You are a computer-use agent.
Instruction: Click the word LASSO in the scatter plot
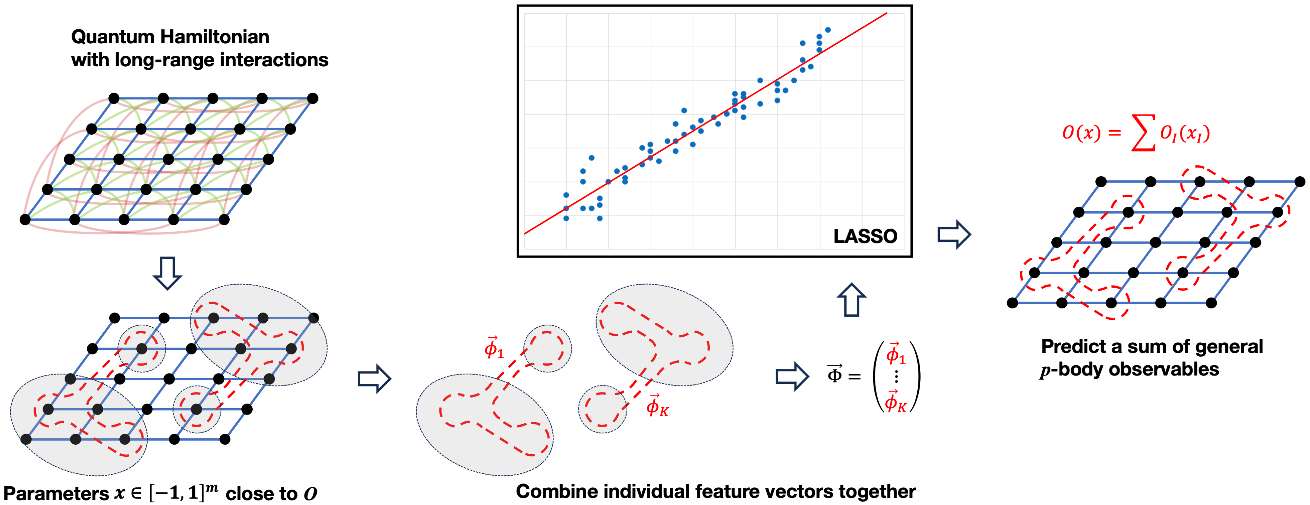pyautogui.click(x=865, y=236)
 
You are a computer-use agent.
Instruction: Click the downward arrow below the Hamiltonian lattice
pyautogui.click(x=167, y=273)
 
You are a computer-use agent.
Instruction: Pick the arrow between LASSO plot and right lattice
pyautogui.click(x=954, y=235)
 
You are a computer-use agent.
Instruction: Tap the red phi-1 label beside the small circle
pyautogui.click(x=493, y=348)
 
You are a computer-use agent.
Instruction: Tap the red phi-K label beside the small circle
pyautogui.click(x=657, y=406)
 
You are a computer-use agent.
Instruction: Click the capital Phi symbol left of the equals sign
pyautogui.click(x=834, y=374)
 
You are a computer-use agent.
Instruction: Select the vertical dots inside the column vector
pyautogui.click(x=896, y=376)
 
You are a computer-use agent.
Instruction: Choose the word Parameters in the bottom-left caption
pyautogui.click(x=56, y=493)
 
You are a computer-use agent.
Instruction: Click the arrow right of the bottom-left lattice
pyautogui.click(x=374, y=378)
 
